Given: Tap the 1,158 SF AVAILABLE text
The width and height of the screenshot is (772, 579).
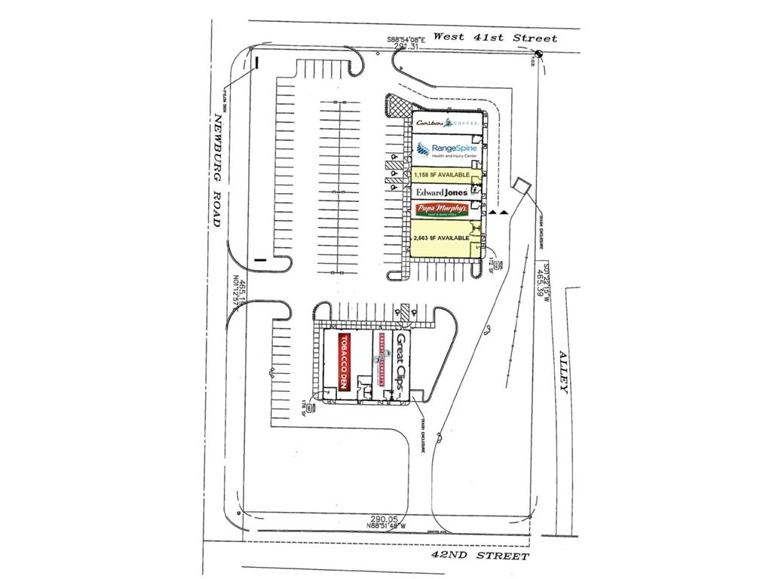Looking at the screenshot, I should pyautogui.click(x=446, y=175).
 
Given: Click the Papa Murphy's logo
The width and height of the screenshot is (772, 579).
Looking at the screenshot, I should pyautogui.click(x=443, y=209).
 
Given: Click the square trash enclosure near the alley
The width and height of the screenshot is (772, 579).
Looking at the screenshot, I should pyautogui.click(x=520, y=185).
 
